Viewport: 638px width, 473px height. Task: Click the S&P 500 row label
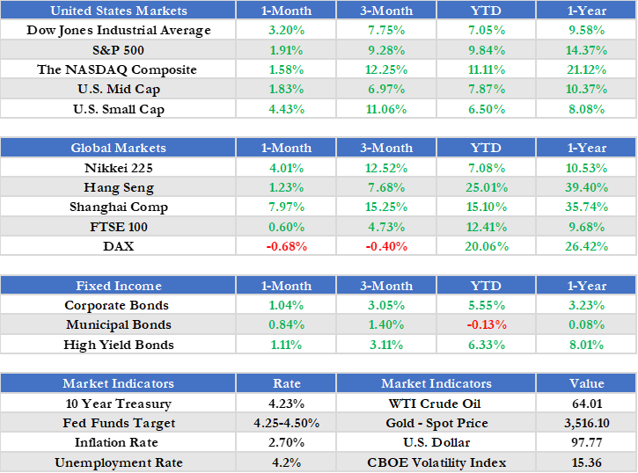coord(119,50)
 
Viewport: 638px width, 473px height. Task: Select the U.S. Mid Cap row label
coord(119,89)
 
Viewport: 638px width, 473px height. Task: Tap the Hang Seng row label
coord(119,187)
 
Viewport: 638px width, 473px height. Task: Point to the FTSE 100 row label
coord(119,226)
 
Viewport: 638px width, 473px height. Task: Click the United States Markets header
coord(119,11)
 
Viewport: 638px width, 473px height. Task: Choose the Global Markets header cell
coord(119,148)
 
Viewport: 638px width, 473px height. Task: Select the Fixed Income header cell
coord(119,286)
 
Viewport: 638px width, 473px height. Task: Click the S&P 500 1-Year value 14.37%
coord(586,50)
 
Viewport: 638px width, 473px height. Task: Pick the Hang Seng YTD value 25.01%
coord(486,187)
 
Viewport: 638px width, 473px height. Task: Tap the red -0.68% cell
coord(286,246)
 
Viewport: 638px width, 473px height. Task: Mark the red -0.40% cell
coord(386,246)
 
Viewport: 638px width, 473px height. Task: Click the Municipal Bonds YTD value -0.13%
coord(486,324)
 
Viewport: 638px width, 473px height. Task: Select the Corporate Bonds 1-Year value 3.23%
coord(586,305)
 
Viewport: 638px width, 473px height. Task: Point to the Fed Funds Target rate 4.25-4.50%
coord(286,423)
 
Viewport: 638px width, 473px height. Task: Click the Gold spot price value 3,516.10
coord(586,423)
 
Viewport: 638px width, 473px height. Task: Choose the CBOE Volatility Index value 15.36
coord(586,462)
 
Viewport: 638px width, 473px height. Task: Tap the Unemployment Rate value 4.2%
coord(286,462)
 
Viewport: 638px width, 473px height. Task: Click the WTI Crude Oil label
coord(436,404)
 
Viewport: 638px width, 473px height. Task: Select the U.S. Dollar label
coord(436,442)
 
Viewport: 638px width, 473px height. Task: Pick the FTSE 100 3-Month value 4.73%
coord(386,226)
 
